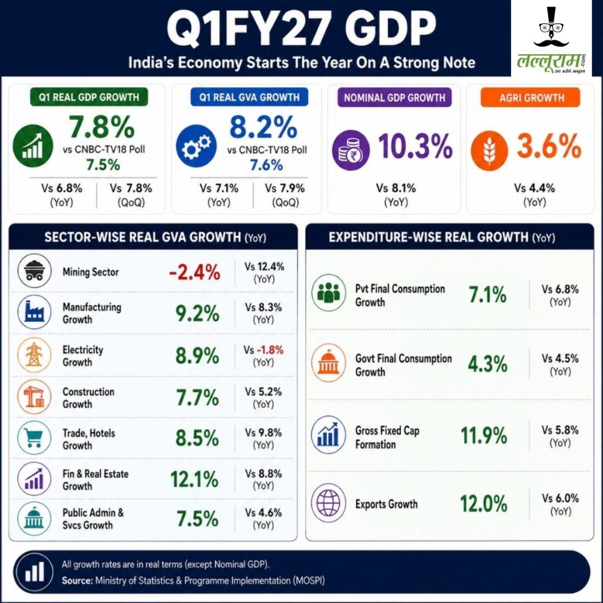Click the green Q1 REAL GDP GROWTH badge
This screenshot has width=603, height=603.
tap(89, 97)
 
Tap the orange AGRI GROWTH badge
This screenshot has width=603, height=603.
tap(531, 98)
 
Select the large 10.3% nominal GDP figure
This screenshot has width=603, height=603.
tap(415, 147)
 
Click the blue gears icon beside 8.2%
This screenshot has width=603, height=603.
tap(196, 145)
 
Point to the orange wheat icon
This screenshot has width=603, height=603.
tap(489, 150)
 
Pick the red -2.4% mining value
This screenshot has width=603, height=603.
tap(194, 272)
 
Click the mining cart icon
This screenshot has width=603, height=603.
tap(34, 271)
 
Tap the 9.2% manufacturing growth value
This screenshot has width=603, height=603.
tap(197, 313)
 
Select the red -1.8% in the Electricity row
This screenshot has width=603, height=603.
tap(270, 350)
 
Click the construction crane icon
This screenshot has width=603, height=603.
tap(34, 397)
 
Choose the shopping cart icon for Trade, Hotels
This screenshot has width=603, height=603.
tap(34, 438)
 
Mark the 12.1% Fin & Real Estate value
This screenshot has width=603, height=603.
tap(194, 479)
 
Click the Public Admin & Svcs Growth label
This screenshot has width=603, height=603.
tap(93, 519)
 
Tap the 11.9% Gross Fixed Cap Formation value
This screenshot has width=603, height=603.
tap(484, 436)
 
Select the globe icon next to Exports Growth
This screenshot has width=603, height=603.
tap(329, 503)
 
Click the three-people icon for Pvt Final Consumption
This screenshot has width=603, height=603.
tap(329, 293)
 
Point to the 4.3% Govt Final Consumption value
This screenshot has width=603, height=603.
tap(488, 364)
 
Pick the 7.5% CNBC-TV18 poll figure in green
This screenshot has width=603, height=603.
tap(103, 165)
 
